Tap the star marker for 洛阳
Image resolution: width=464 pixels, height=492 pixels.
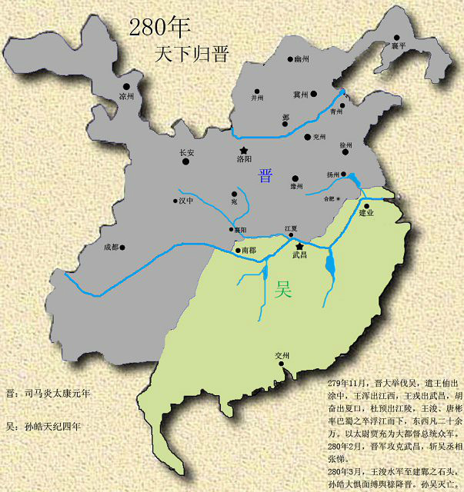click(x=244, y=150)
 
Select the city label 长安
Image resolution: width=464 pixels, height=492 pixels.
click(x=187, y=153)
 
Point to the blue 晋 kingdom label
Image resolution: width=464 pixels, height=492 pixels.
click(x=265, y=175)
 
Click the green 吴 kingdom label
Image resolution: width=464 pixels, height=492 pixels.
click(x=284, y=290)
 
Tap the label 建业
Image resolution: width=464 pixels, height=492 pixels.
click(x=366, y=213)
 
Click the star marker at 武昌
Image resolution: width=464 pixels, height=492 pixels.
click(x=299, y=245)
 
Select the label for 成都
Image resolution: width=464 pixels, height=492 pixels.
click(x=112, y=248)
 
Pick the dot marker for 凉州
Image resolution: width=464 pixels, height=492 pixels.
click(x=126, y=86)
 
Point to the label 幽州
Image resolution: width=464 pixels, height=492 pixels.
click(x=302, y=58)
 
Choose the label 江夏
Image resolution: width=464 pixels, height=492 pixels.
click(x=291, y=229)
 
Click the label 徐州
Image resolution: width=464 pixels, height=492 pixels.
click(x=345, y=145)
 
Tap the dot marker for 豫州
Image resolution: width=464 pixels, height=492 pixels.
click(x=293, y=175)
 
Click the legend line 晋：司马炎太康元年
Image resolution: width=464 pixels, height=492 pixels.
click(x=48, y=393)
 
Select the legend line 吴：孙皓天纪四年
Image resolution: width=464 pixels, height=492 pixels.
click(x=44, y=425)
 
